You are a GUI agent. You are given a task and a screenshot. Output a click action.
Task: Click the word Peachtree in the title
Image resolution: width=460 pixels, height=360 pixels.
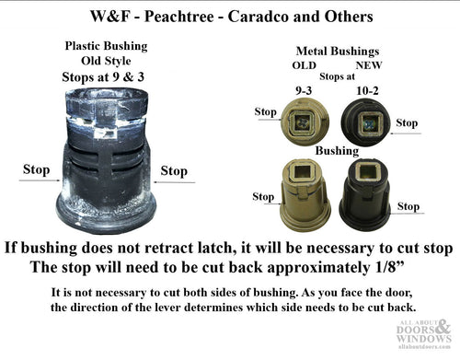[179, 17]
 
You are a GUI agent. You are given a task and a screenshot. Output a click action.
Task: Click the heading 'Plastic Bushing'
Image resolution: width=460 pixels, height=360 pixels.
[106, 46]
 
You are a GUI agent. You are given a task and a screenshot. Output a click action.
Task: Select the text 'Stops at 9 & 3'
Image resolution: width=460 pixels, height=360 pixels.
[103, 77]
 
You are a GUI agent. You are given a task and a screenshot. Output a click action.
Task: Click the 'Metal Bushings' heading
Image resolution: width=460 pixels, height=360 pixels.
[338, 52]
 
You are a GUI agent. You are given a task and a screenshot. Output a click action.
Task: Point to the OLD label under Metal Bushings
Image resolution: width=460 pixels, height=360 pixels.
[305, 65]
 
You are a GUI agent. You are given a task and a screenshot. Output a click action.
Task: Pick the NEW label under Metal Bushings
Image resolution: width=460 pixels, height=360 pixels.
[369, 65]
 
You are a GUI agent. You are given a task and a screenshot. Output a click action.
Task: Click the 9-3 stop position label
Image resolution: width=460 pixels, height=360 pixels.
[304, 91]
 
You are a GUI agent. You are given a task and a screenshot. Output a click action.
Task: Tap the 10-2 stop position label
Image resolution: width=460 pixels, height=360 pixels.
[367, 91]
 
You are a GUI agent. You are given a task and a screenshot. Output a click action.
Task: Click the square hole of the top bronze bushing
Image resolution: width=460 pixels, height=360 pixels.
[303, 122]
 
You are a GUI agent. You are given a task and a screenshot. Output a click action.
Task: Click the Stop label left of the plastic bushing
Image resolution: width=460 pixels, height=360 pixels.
[36, 170]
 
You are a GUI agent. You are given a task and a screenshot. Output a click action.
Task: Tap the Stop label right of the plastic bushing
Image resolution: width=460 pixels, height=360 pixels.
[174, 171]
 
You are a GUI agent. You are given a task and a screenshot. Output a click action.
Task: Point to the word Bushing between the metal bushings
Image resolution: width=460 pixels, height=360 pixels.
[337, 151]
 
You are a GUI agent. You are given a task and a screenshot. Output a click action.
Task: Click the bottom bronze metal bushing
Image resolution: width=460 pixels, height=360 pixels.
[305, 194]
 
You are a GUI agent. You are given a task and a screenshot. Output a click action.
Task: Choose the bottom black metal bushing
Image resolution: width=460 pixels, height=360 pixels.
[365, 194]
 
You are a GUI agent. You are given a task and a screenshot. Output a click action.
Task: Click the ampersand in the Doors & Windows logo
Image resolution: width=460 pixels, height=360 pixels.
[443, 328]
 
